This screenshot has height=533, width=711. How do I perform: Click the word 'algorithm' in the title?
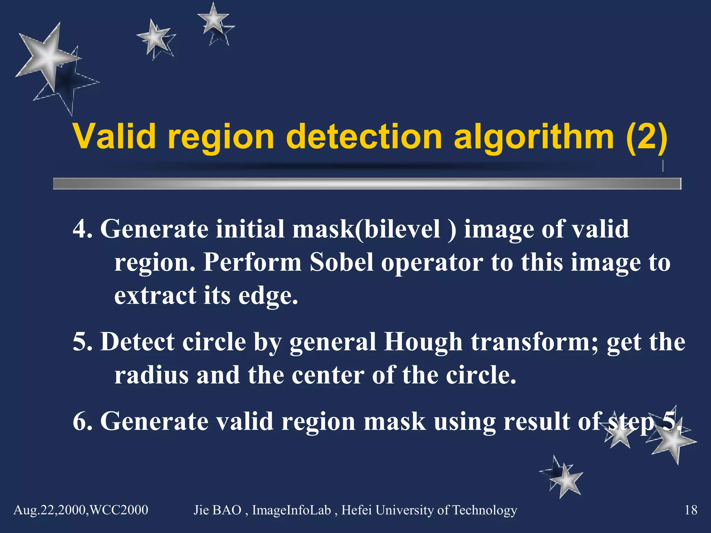(x=534, y=137)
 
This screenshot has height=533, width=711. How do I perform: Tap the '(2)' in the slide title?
(x=646, y=137)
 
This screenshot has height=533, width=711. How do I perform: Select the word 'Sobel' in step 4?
(x=342, y=262)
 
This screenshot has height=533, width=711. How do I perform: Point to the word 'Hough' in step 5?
(x=423, y=342)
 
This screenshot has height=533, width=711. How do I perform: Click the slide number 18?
(x=691, y=510)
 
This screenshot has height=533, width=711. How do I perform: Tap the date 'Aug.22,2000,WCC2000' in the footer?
(x=81, y=510)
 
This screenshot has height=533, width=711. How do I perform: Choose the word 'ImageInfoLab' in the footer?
(x=291, y=510)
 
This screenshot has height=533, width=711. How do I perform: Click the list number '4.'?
(x=83, y=229)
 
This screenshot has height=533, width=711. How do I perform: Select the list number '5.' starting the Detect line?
(x=83, y=342)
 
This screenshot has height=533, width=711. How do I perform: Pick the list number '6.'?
(x=83, y=422)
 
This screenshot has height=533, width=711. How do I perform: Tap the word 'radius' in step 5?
(x=151, y=375)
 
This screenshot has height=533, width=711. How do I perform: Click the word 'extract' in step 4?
(x=155, y=296)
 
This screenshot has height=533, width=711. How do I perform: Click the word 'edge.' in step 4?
(x=268, y=296)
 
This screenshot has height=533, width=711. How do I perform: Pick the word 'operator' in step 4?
(x=432, y=263)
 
